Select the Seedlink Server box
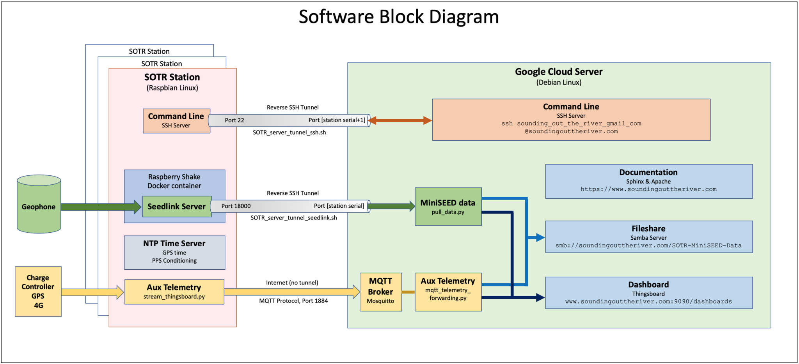(x=177, y=207)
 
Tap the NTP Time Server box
(x=174, y=252)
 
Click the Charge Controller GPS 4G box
(x=38, y=291)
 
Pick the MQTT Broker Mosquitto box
(x=380, y=292)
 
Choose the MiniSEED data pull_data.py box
(x=448, y=207)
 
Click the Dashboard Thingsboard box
(x=648, y=293)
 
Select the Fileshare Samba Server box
(x=648, y=237)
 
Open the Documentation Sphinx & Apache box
(x=648, y=181)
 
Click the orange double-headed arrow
(x=400, y=120)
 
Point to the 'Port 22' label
(x=234, y=120)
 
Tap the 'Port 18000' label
(x=236, y=206)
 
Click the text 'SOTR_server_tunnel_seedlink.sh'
(x=293, y=217)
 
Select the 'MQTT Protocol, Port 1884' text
(x=293, y=300)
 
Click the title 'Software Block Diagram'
(x=399, y=17)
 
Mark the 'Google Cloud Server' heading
(x=558, y=72)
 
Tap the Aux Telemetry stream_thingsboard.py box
(x=174, y=292)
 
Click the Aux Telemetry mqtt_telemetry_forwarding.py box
(x=448, y=292)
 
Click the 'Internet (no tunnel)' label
(x=292, y=283)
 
